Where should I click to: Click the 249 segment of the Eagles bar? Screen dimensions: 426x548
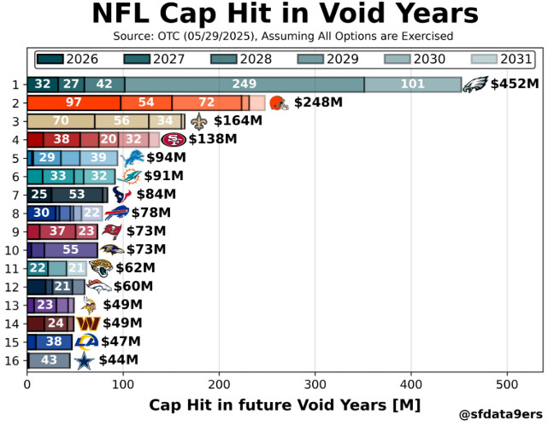point(245,84)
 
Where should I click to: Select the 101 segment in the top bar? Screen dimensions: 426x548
point(413,84)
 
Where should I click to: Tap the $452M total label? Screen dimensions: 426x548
point(515,85)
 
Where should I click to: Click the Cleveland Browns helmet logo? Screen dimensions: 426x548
point(279,102)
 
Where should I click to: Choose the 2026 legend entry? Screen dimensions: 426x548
point(69,60)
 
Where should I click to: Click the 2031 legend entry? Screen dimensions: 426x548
point(505,60)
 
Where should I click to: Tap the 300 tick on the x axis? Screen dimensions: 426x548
point(315,384)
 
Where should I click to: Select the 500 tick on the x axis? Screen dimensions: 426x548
point(508,384)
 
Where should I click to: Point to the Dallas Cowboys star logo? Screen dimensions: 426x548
point(83,361)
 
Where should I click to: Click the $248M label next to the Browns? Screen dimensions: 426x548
point(318,102)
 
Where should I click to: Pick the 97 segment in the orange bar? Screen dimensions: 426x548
point(74,102)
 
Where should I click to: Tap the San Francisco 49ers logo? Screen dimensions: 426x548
point(174,139)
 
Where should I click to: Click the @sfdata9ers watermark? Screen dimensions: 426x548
point(500,415)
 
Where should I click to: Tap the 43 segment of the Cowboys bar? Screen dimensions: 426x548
point(49,361)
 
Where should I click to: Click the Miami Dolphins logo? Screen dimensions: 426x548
point(129,176)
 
